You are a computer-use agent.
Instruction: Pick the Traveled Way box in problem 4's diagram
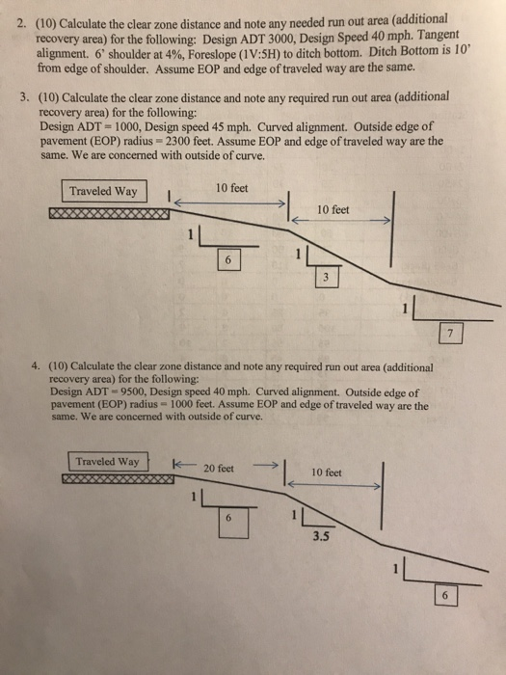pyautogui.click(x=107, y=461)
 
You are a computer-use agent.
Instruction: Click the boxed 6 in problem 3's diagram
pyautogui.click(x=227, y=261)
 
